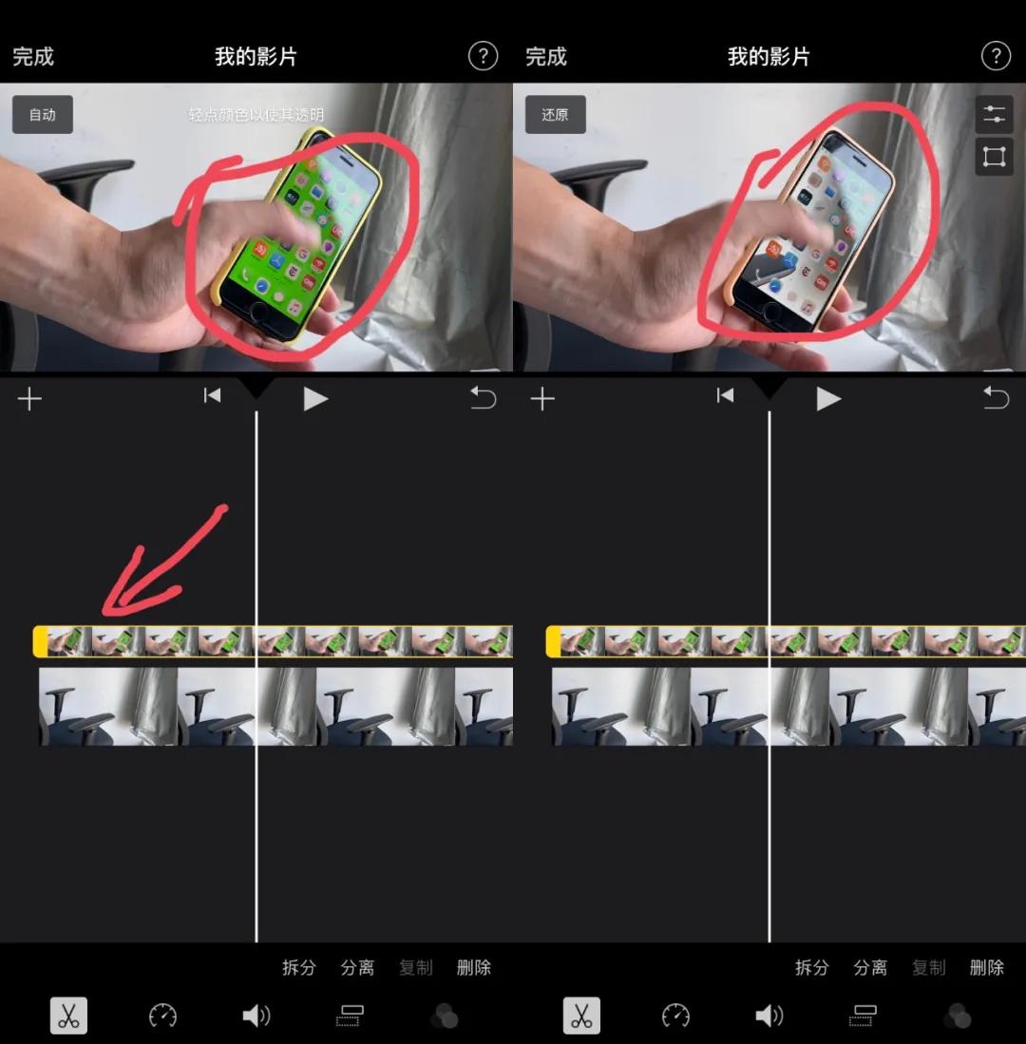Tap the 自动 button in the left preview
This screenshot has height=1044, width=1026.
click(x=42, y=115)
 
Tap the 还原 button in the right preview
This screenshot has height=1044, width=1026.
click(x=555, y=115)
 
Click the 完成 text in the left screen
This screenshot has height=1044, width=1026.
click(x=33, y=56)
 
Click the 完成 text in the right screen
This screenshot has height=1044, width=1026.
click(x=546, y=56)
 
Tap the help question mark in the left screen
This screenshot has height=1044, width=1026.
click(x=483, y=56)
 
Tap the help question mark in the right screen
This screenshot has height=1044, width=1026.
click(x=996, y=56)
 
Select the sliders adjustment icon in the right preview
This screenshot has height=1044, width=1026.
click(x=994, y=115)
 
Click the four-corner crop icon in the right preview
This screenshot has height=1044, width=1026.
click(x=994, y=157)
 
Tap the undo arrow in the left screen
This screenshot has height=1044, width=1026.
click(x=484, y=398)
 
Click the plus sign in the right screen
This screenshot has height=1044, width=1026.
click(x=542, y=399)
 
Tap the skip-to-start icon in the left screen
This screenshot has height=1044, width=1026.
click(x=212, y=395)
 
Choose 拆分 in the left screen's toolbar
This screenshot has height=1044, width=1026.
click(x=298, y=968)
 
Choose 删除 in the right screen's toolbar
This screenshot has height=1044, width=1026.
click(x=987, y=968)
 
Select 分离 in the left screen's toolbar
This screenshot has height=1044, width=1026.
click(x=357, y=968)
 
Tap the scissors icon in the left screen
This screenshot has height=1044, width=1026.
click(x=68, y=1016)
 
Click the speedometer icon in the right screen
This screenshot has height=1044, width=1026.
click(x=675, y=1016)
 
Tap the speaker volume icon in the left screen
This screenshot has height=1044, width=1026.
click(x=256, y=1016)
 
